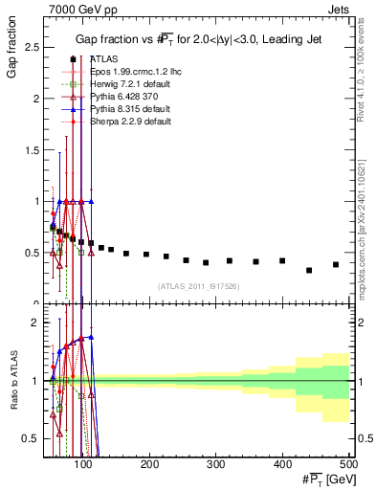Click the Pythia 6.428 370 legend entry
click(x=117, y=97)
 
